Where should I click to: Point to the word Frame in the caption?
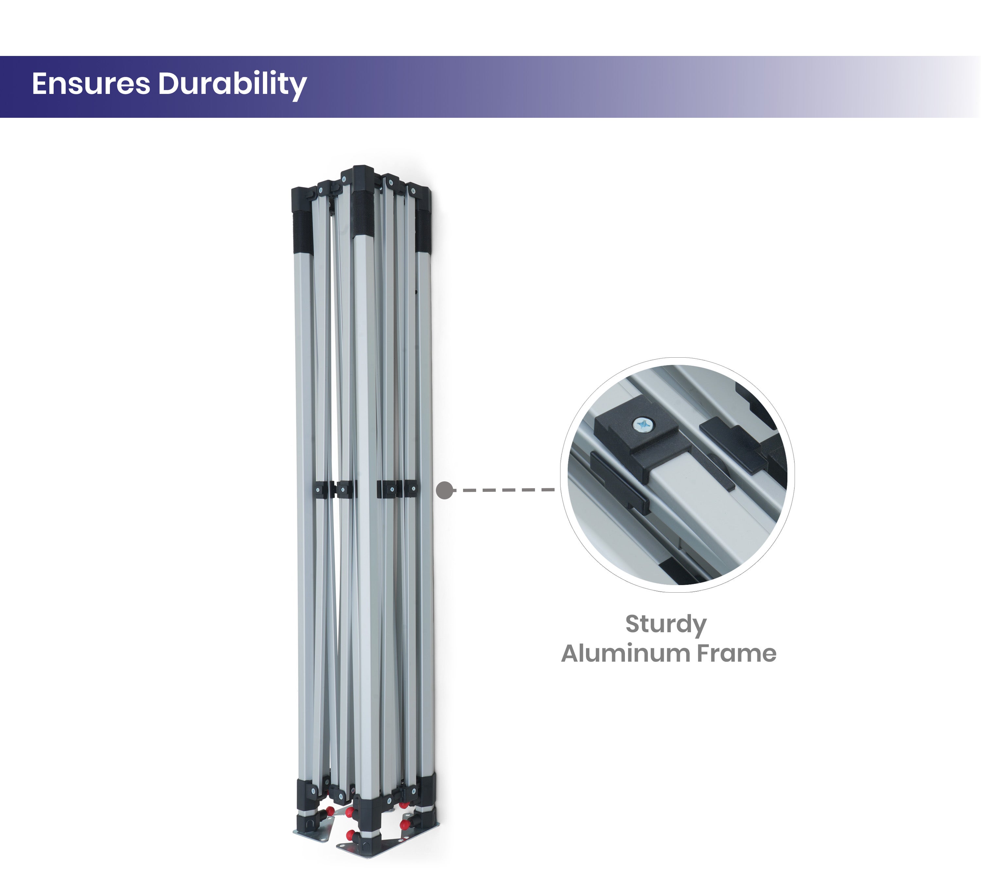[736, 653]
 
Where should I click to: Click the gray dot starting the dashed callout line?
[445, 490]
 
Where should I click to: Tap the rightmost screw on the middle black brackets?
[413, 488]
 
